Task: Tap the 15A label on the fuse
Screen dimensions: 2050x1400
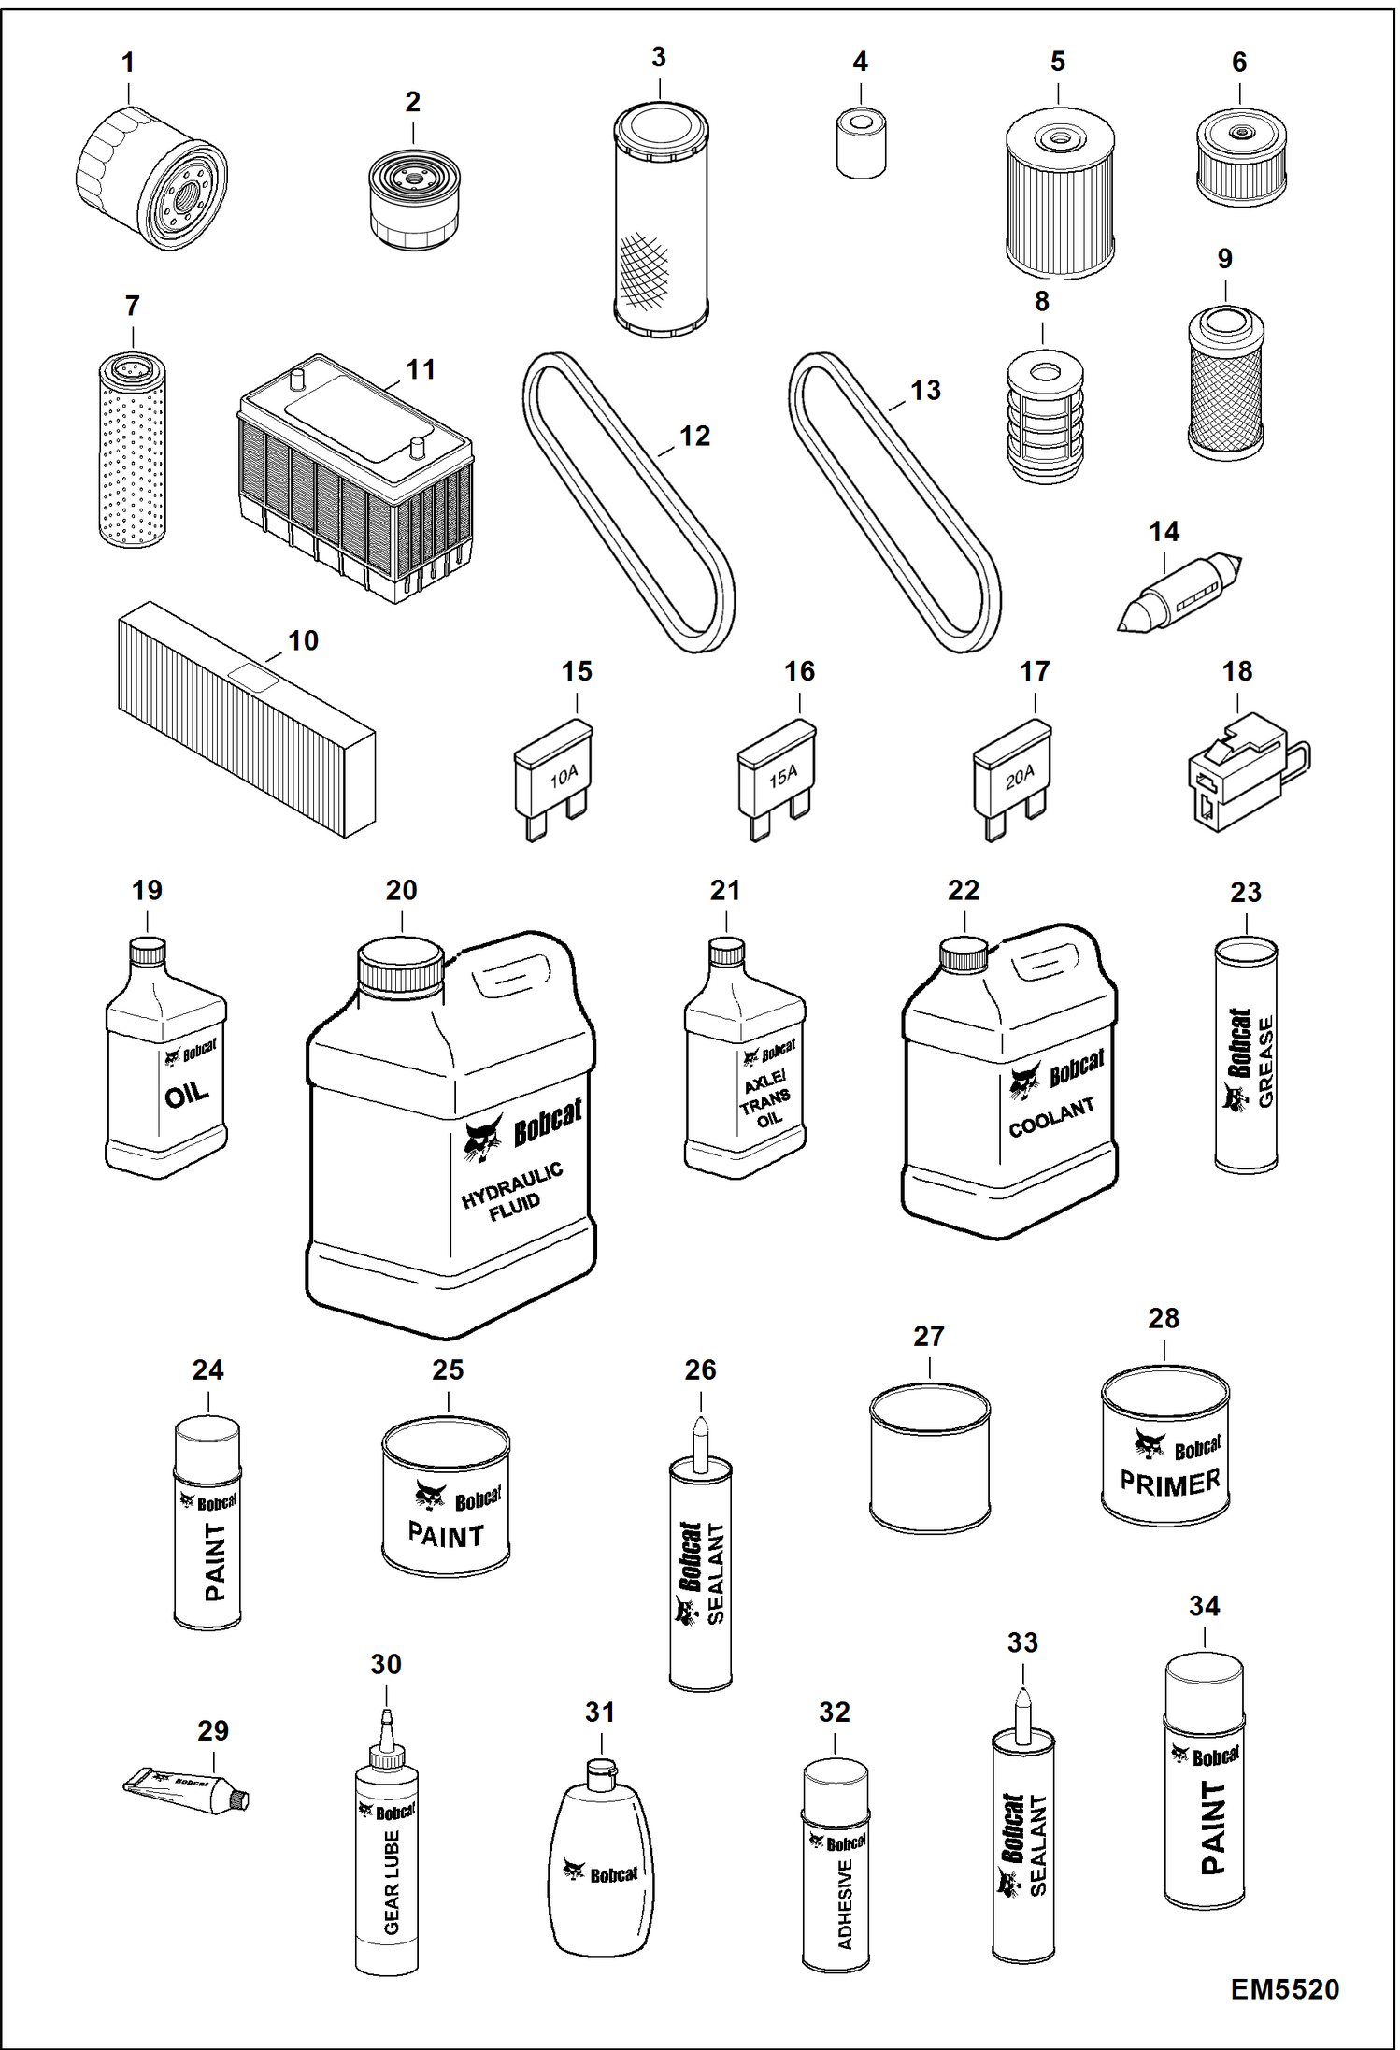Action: pos(783,775)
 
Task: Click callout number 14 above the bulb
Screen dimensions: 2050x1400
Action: pos(1164,532)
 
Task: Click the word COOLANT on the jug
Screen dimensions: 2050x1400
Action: pos(1051,1117)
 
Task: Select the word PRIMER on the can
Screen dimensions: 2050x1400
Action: pos(1170,1483)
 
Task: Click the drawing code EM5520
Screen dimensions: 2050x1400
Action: pos(1284,1989)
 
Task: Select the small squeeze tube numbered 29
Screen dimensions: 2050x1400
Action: pos(187,1791)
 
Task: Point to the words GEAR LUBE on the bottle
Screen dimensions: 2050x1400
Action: pos(392,1882)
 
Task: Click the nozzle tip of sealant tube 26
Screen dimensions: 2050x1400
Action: pos(701,1430)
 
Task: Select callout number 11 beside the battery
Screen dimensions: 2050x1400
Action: pos(421,370)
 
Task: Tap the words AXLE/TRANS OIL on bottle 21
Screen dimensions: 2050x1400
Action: pos(766,1099)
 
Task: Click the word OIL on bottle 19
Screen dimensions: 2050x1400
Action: pos(187,1094)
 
